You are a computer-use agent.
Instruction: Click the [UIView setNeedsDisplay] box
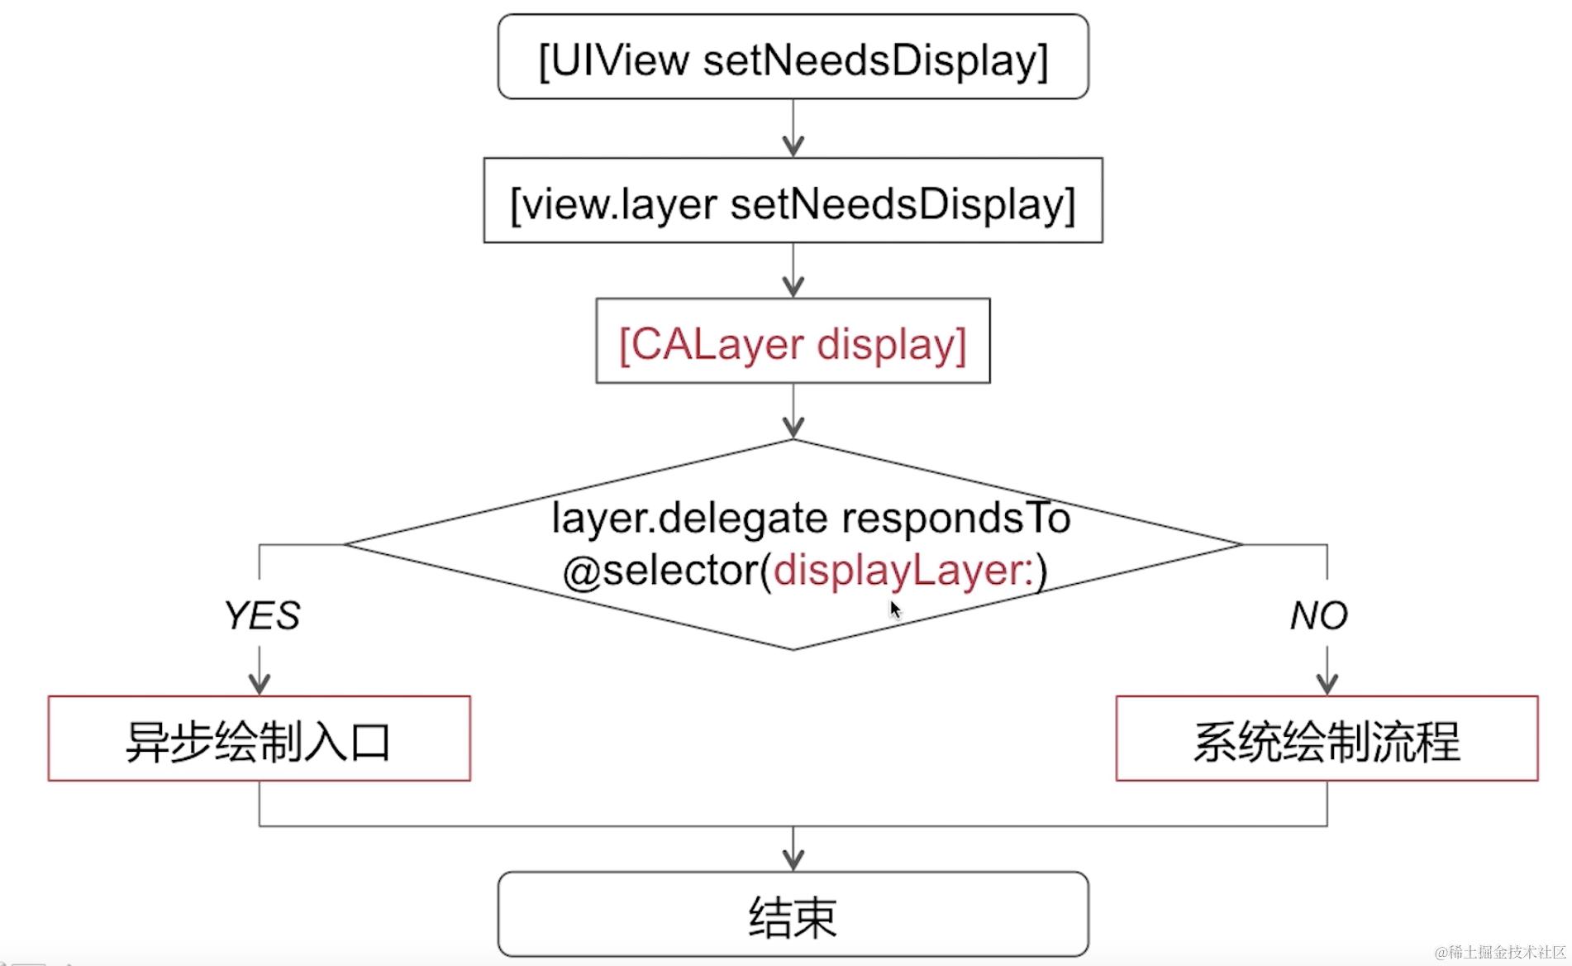coord(793,58)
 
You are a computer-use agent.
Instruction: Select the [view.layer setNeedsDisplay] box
coord(793,201)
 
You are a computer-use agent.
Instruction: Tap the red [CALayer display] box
coord(793,342)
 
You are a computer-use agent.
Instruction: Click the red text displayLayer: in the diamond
coord(903,571)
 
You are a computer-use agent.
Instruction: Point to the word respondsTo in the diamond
coord(955,519)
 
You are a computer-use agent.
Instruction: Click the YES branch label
coord(261,615)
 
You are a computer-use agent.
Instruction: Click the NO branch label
coord(1318,615)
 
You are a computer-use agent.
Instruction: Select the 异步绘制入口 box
coord(259,739)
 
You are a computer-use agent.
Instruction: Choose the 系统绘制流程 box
coord(1327,739)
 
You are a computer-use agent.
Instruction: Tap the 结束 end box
coord(793,915)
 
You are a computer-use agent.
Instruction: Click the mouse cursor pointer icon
coord(895,610)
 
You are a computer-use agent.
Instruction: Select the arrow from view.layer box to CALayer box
coord(793,271)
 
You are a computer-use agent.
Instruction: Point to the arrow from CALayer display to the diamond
coord(793,412)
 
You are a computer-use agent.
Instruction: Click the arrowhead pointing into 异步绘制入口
coord(260,683)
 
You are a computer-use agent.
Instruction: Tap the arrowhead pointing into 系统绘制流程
coord(1327,683)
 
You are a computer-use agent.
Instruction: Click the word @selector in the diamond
coord(665,571)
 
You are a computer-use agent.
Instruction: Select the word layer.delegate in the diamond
coord(689,519)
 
